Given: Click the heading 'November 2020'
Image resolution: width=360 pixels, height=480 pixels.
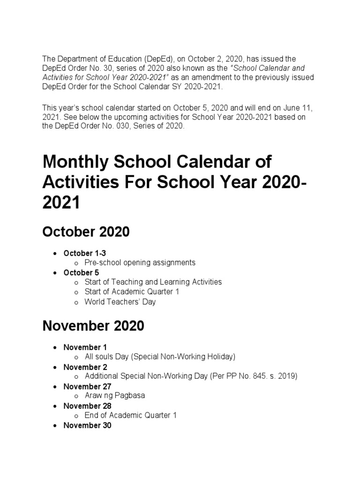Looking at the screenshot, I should point(93,326).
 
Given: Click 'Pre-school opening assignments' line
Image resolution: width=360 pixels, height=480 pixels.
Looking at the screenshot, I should point(140,263).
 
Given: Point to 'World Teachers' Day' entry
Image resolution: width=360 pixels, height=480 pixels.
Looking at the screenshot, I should point(120,302).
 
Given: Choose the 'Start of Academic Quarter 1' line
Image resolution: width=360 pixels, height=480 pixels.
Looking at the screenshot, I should point(132,292).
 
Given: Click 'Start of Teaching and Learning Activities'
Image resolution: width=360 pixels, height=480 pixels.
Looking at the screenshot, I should point(153,282).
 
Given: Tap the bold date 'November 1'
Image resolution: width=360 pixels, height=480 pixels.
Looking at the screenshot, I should point(85,347).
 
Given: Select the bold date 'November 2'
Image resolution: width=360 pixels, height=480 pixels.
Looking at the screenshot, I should point(85,367).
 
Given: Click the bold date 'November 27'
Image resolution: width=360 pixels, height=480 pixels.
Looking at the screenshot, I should point(87,387).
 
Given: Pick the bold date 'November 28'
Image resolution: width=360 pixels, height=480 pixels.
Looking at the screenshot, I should point(87,406).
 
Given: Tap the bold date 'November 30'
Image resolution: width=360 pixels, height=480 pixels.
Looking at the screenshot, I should point(87,426).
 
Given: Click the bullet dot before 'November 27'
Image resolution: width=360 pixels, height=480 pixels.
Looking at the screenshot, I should point(55,387).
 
